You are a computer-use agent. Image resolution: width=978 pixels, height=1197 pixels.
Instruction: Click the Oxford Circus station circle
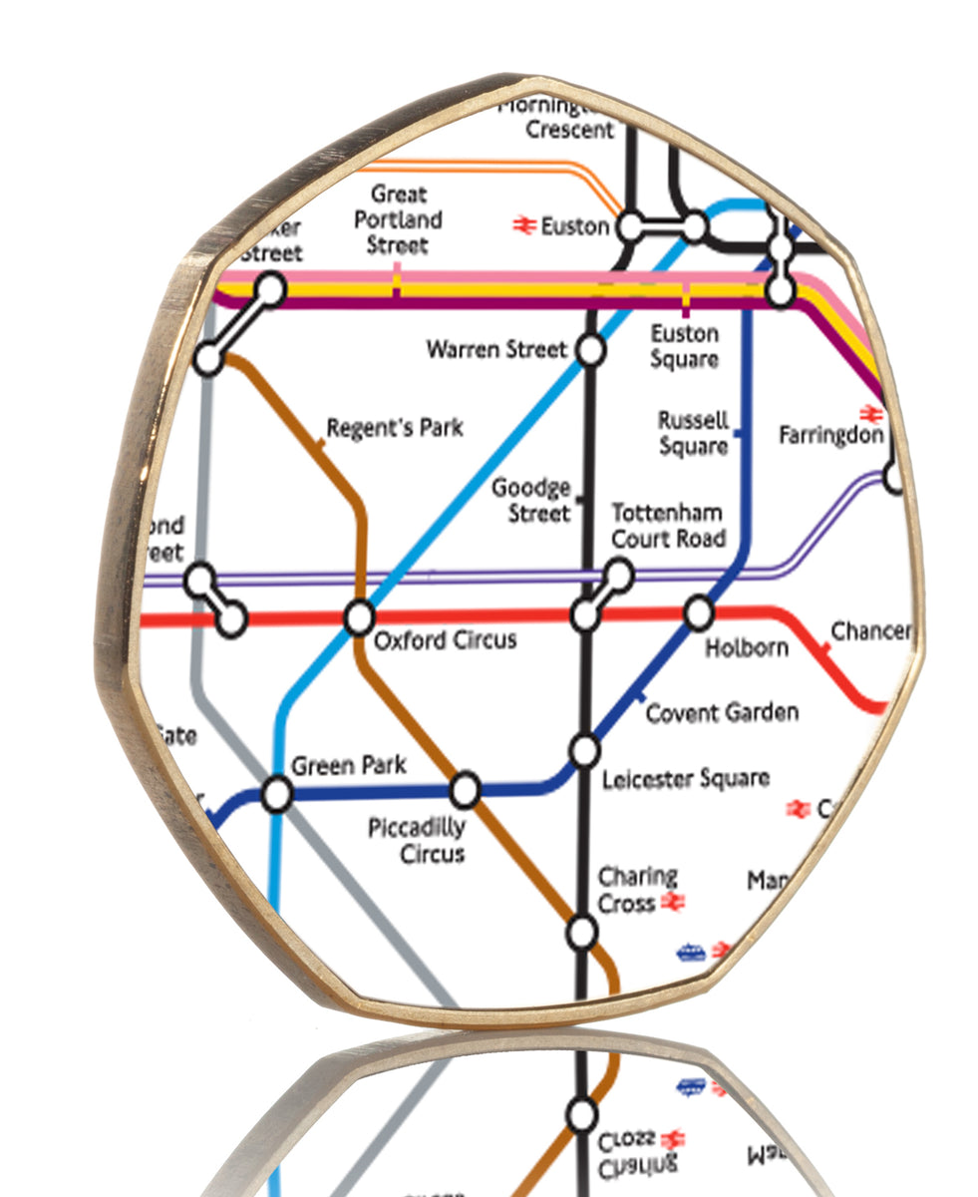point(359,618)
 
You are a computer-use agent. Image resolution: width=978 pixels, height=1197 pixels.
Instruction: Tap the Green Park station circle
point(276,795)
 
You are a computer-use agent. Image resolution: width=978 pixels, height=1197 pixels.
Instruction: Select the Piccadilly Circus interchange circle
point(465,791)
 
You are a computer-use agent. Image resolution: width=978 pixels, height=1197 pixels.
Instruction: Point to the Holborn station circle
point(698,611)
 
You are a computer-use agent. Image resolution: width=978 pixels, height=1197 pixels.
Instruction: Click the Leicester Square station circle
point(584,749)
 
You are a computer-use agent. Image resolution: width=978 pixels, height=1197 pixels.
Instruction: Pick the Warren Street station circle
point(590,351)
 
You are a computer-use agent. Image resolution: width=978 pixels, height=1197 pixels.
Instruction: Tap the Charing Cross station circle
point(581,933)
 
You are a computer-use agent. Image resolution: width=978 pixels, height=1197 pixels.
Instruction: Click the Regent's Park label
point(395,428)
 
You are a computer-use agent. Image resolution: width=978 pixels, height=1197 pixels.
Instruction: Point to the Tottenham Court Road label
point(667,526)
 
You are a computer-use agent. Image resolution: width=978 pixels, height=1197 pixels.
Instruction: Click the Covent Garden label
point(722,713)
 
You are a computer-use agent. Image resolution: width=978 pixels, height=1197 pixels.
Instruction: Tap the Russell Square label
point(694,434)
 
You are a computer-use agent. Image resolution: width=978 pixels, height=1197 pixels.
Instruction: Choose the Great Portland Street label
point(398,219)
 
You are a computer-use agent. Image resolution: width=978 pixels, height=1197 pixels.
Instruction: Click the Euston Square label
point(684,345)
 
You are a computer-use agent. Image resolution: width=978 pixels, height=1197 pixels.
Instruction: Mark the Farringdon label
point(830,436)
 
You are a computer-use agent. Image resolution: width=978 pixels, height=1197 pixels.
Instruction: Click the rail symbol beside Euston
point(524,226)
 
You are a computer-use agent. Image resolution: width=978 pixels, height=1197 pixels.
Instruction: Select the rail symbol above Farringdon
point(871,413)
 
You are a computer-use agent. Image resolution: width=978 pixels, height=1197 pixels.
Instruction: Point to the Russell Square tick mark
point(738,432)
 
